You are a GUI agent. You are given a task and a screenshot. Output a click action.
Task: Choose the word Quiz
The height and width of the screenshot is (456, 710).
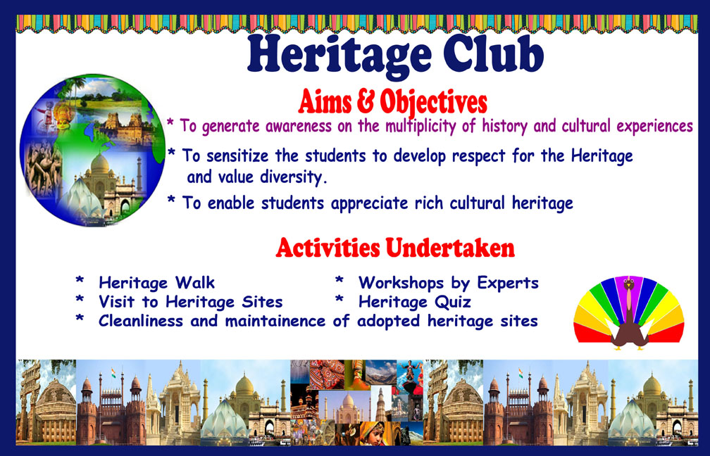tap(453, 302)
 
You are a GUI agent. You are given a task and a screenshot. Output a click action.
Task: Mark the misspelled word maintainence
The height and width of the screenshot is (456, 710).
tap(275, 321)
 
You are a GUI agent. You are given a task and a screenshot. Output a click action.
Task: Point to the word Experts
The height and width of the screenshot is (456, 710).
tap(508, 283)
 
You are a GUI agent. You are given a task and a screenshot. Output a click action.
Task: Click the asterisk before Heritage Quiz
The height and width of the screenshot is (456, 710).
tap(340, 299)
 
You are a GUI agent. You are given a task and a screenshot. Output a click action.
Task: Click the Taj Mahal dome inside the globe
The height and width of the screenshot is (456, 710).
tap(100, 163)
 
